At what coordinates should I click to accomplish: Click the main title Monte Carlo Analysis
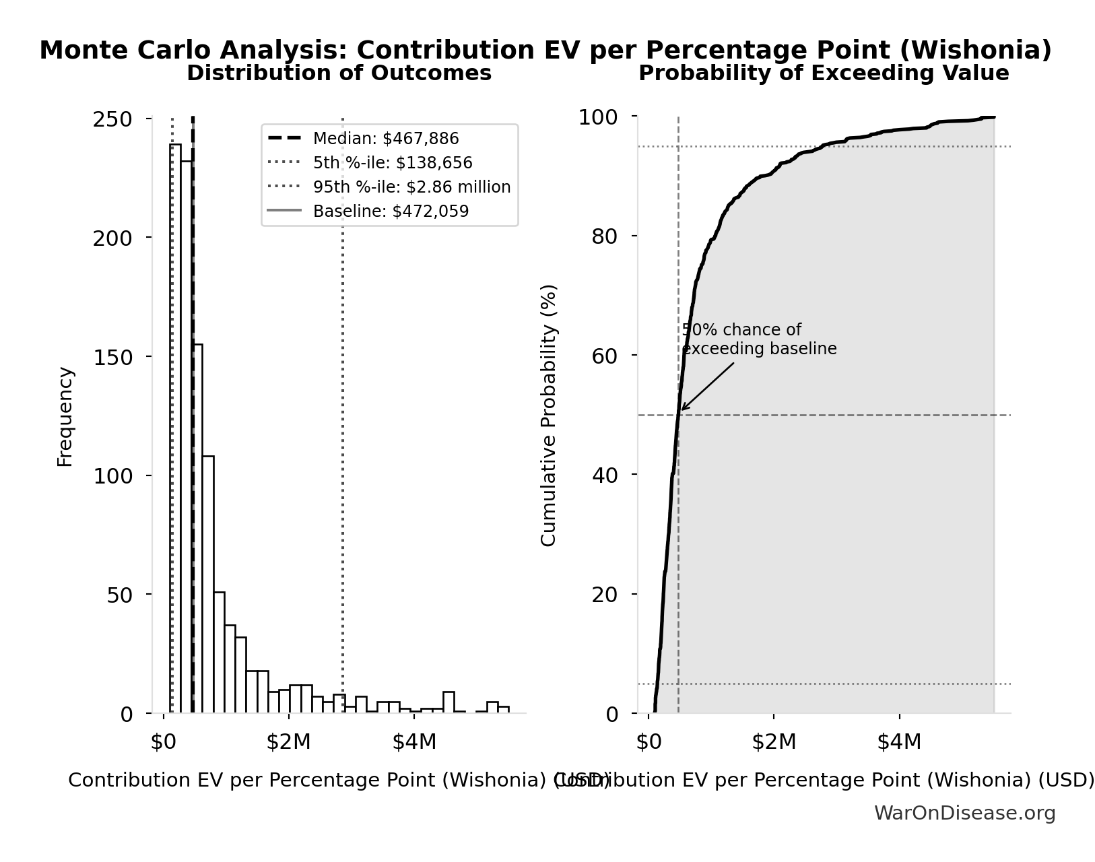click(545, 51)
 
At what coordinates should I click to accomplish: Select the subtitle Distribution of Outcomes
click(339, 73)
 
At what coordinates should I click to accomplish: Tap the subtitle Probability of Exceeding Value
click(823, 73)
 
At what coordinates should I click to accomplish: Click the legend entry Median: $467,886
click(385, 139)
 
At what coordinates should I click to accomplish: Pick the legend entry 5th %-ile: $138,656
click(392, 163)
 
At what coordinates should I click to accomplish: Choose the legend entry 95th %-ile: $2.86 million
click(411, 187)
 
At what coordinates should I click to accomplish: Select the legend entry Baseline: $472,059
click(391, 211)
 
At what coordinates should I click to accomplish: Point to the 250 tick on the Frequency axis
click(112, 119)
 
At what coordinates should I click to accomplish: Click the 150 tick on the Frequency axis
click(112, 357)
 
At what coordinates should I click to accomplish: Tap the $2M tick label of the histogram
click(288, 741)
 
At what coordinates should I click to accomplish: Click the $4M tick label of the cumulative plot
click(898, 741)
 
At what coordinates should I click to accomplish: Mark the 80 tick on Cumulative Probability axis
click(604, 236)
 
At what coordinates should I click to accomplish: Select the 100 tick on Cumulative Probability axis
click(598, 117)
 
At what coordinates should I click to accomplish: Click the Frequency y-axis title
click(65, 416)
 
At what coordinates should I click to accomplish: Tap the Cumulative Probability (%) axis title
click(549, 415)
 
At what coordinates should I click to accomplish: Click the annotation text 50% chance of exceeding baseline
click(758, 339)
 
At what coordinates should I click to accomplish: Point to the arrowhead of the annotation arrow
click(682, 409)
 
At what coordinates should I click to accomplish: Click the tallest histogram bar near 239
click(175, 431)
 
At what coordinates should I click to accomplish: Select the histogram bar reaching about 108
click(208, 586)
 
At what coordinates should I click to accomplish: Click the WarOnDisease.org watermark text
click(964, 814)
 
